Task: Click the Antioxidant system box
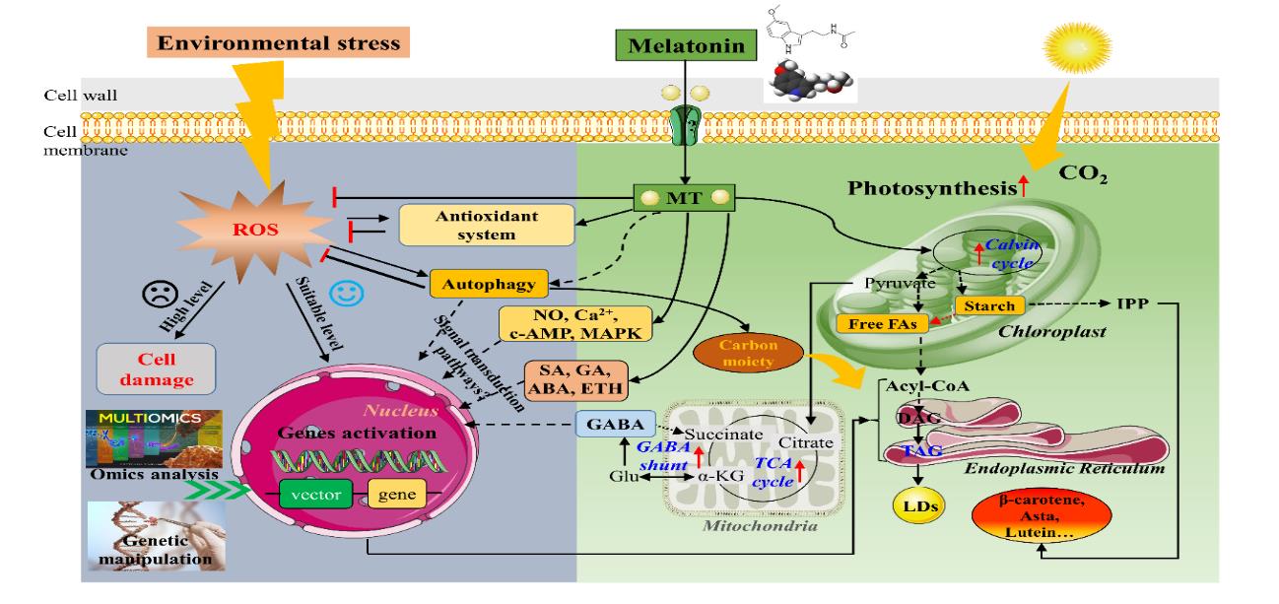[x=472, y=226]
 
